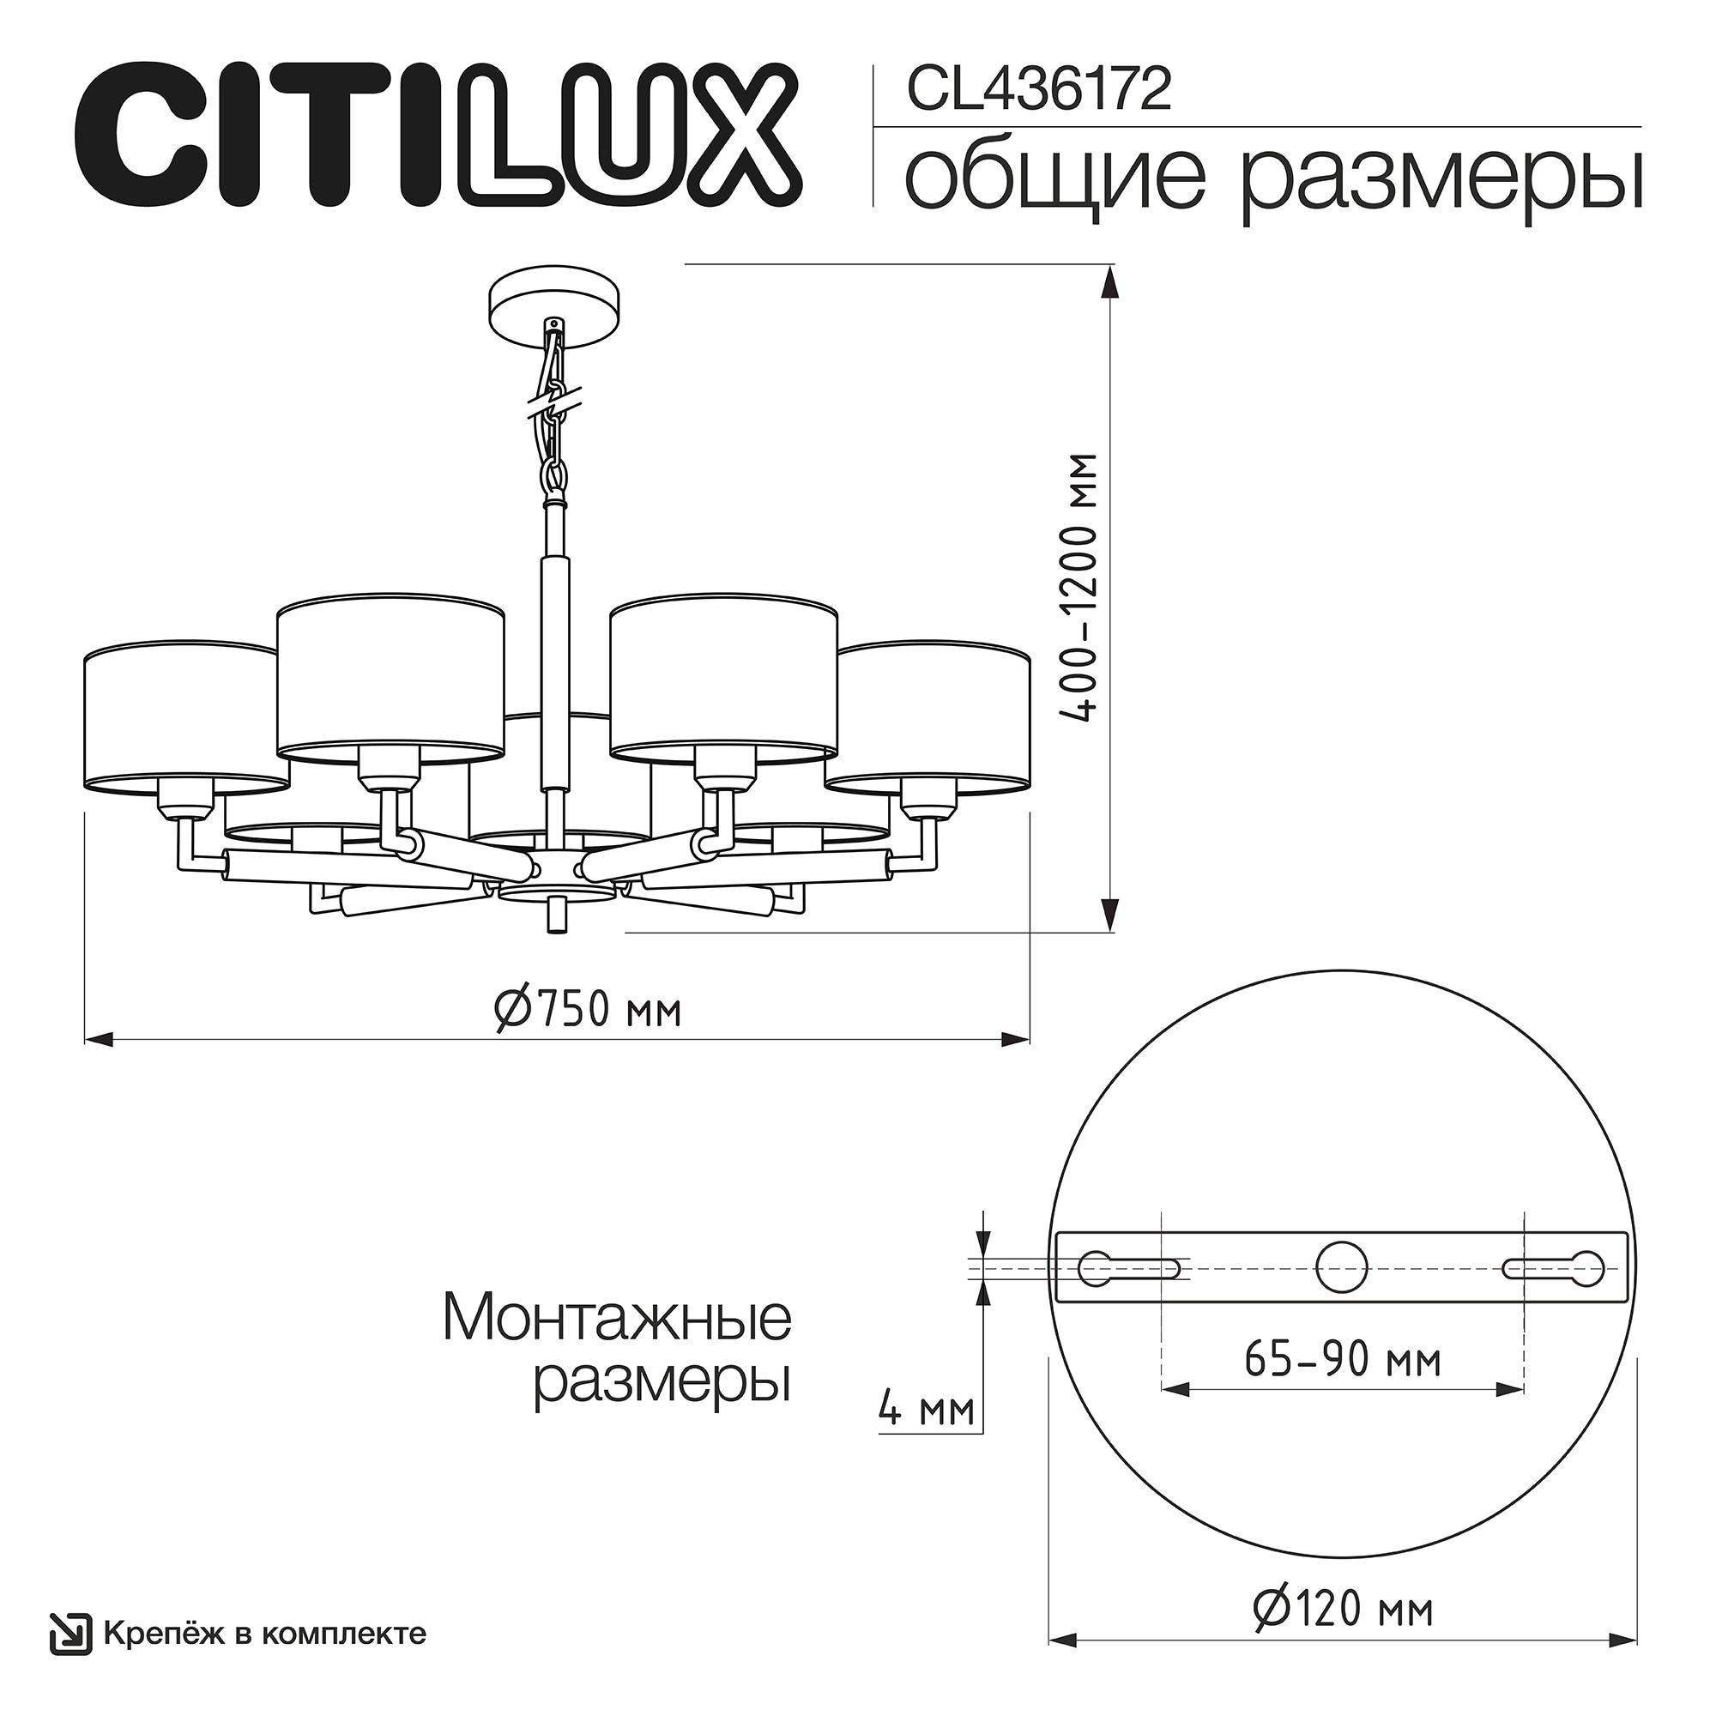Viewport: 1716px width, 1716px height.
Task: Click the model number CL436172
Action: point(1037,92)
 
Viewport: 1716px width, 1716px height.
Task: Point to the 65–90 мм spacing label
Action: point(1341,1360)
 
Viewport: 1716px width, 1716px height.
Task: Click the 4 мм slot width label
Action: point(926,1410)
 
